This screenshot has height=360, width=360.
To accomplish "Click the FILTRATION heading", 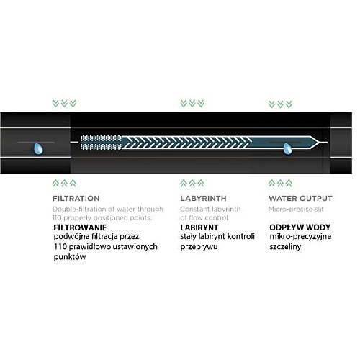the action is pos(76,199).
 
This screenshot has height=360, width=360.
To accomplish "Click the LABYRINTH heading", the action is pos(203,199).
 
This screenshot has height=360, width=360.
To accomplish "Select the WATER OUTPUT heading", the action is pos(300,199).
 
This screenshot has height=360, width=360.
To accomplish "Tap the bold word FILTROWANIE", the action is pos(80,228).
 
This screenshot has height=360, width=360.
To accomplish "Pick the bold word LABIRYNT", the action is pos(199,228).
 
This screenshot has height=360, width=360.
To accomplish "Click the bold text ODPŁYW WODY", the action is pos(300,228).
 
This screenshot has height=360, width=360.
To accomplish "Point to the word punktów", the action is pos(70,257).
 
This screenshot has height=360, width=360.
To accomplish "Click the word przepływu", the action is pos(199,247).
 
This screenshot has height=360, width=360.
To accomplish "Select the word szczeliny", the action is pos(285,247).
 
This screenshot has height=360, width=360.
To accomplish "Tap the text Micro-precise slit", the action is pos(296,209).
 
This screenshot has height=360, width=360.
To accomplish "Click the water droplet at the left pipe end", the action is pos(38,148).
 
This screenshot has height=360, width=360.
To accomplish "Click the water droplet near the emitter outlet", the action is pos(287,148).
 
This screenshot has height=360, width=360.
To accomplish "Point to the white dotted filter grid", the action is pos(101,143).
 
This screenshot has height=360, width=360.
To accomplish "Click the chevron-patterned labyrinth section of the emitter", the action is pos(186,143).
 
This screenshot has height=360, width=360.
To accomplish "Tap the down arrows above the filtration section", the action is pos(64,104).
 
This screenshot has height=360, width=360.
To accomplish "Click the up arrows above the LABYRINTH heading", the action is pos(192,183).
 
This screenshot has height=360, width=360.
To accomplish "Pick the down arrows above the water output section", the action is pos(280,104).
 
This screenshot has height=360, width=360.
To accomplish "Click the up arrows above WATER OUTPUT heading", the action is pos(280,183).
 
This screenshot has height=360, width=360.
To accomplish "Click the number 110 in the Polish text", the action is pos(60,247).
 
